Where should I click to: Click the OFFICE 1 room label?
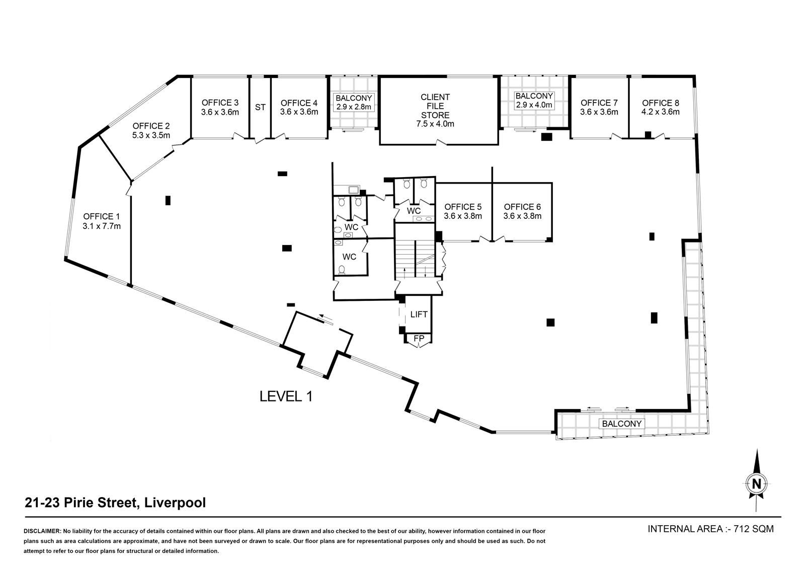coord(102,221)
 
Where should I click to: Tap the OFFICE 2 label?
coord(151,131)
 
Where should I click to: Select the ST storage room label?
coord(260,107)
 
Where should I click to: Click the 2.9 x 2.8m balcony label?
coord(354,102)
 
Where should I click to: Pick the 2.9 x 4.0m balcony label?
coord(534,101)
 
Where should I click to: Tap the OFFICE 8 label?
coord(661,107)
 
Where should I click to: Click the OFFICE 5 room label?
coord(463,211)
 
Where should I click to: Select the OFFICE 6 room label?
coord(522,211)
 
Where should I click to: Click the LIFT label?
coord(419,314)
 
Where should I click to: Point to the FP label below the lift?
coord(419,339)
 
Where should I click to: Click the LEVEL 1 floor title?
coord(286,396)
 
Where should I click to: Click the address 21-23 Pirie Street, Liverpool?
coord(115,503)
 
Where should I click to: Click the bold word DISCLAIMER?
coord(42,531)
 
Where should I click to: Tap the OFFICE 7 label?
coord(599,107)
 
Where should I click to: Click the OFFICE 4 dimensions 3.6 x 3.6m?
coord(299,112)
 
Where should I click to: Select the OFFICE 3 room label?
coord(220,107)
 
